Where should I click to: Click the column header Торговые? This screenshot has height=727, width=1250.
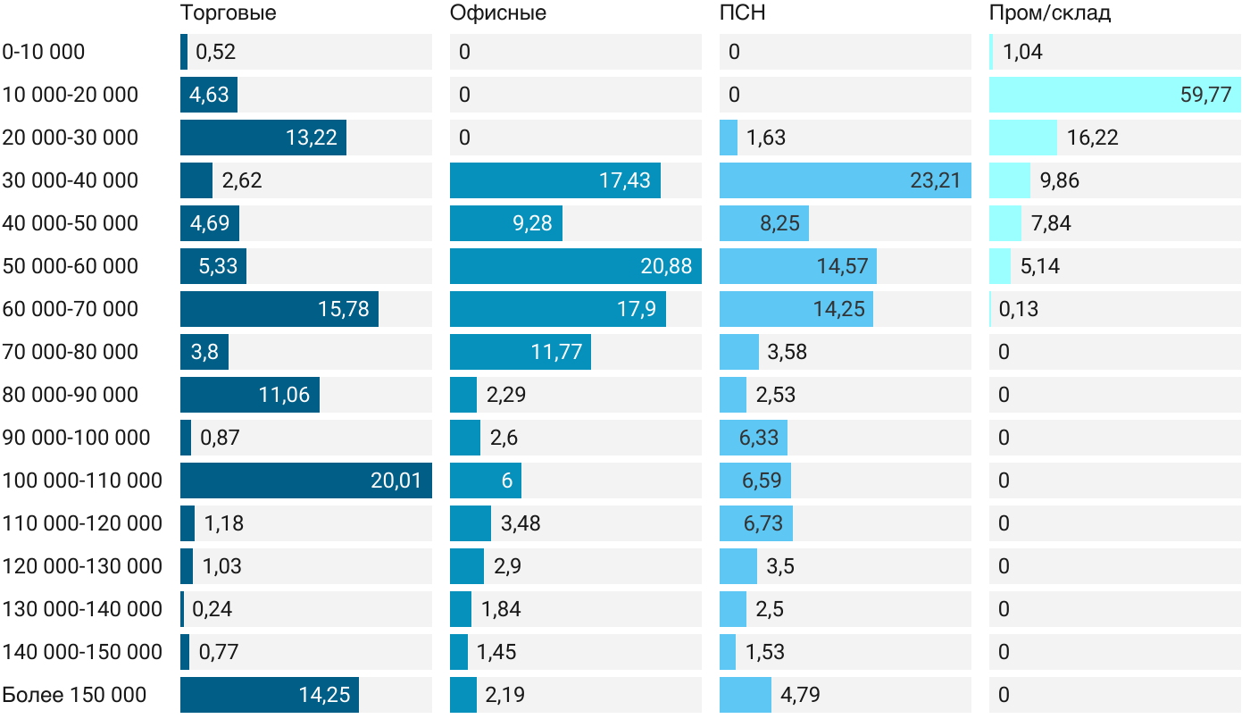pos(228,13)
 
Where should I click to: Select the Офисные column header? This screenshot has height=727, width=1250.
pos(497,13)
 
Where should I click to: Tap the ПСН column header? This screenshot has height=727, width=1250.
pos(742,13)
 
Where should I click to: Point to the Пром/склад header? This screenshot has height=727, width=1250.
pos(1049,13)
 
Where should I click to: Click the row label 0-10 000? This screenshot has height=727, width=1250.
pos(44,52)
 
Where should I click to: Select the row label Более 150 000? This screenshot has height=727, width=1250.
pos(74,695)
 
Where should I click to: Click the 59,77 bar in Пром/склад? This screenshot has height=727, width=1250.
pos(1114,95)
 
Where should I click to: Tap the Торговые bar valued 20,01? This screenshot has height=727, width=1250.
pos(305,480)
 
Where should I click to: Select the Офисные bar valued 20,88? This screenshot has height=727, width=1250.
pos(575,266)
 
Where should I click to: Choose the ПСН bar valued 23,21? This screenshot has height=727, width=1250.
pos(845,180)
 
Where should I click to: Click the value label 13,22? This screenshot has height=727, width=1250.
pos(311,138)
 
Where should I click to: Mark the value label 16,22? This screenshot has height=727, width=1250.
pos(1092,138)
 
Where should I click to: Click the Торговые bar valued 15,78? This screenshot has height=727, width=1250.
pos(279,309)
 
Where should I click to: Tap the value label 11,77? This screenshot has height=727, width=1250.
pos(556,352)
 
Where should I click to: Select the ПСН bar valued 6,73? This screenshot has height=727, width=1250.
pos(755,523)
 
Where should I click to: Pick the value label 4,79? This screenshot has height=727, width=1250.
pos(800,695)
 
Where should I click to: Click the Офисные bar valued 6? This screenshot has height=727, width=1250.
pos(485,480)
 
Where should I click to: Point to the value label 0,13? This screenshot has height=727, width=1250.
pos(1019,309)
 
